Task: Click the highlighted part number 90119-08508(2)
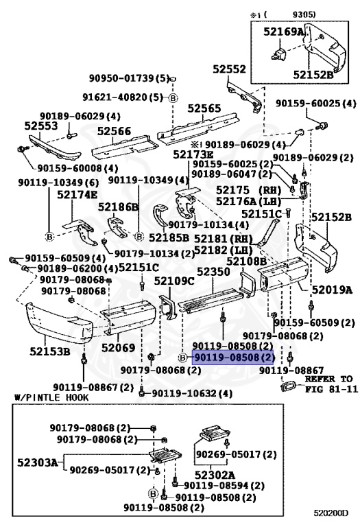tap(233, 358)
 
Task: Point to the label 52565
tap(204, 108)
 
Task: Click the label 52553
tap(40, 126)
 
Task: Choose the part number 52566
tap(113, 131)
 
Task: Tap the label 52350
tap(213, 272)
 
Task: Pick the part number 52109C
tap(174, 281)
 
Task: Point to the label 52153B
tap(49, 352)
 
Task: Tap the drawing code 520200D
tap(331, 512)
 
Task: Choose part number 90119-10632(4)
tap(191, 393)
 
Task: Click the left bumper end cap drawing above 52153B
tap(55, 322)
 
